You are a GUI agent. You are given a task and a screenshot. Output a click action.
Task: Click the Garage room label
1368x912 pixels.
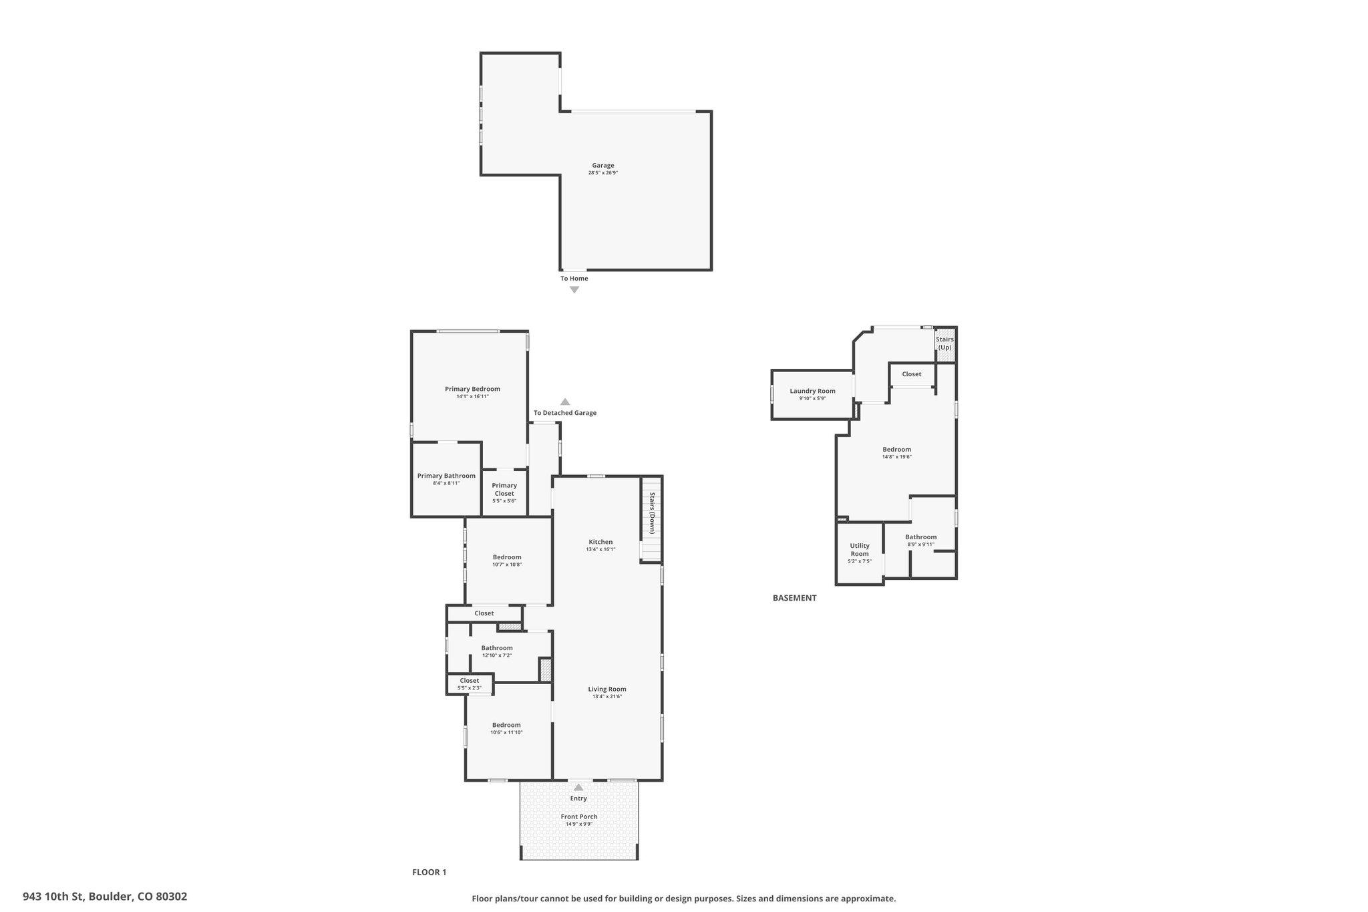click(603, 166)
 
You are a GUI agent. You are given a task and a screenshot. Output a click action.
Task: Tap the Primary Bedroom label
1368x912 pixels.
click(472, 389)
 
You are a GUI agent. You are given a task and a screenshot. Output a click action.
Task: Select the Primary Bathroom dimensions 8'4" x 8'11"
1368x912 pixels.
click(446, 483)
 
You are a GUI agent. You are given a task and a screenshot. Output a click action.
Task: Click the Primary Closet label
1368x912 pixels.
click(504, 490)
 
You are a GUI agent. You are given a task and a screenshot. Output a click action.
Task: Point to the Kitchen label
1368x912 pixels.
click(601, 542)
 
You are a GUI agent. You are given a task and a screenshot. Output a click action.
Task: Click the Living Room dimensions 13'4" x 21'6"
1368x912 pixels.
click(607, 696)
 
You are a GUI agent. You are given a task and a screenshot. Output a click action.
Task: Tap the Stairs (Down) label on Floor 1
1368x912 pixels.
click(653, 513)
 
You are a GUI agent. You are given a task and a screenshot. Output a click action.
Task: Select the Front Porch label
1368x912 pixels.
click(579, 816)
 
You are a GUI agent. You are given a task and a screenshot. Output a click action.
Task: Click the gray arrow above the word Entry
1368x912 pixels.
click(578, 788)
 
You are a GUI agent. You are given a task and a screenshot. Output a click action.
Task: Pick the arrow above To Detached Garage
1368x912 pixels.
click(565, 402)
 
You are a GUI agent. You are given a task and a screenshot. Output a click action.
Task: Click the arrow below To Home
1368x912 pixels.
click(574, 290)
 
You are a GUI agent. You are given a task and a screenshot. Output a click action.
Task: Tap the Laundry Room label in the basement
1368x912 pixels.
click(812, 392)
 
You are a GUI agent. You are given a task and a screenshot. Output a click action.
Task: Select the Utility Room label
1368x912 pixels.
click(860, 550)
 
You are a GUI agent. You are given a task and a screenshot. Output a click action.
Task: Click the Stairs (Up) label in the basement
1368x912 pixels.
click(945, 343)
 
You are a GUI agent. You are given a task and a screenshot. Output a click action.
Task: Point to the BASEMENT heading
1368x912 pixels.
click(794, 598)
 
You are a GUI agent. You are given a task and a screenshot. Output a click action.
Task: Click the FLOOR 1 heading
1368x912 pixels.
click(429, 872)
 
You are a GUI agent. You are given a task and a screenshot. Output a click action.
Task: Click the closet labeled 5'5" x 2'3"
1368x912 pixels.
click(470, 684)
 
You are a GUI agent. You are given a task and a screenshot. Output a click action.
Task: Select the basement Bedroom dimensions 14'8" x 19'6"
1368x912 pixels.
click(897, 457)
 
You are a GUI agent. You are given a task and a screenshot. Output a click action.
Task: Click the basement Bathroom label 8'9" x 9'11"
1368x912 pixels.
click(921, 541)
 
